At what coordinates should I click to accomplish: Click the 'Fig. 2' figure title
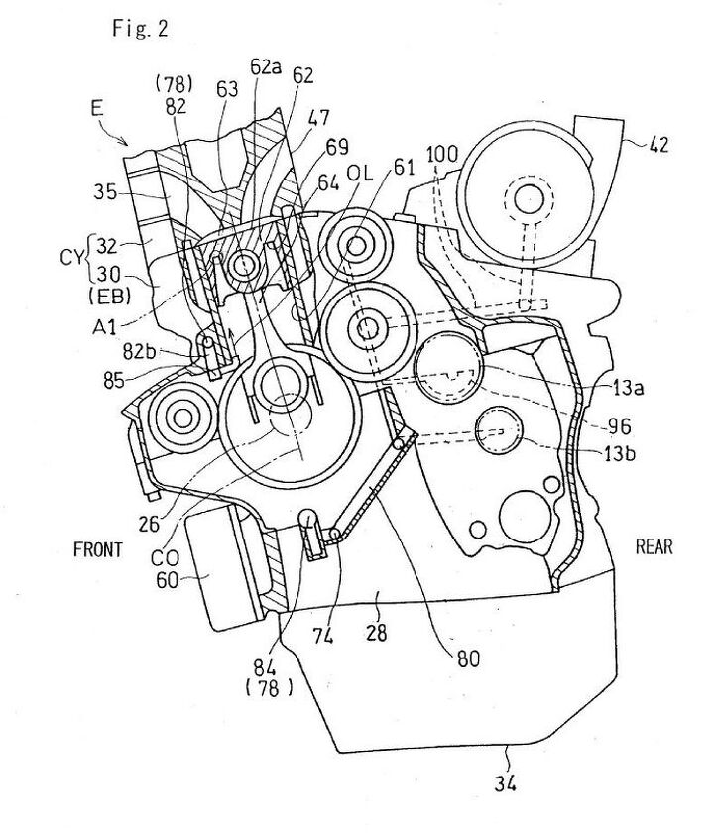pyautogui.click(x=140, y=28)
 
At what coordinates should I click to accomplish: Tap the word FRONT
pyautogui.click(x=98, y=549)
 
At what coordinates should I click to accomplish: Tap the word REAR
pyautogui.click(x=654, y=546)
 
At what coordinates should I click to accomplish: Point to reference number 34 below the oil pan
pyautogui.click(x=505, y=783)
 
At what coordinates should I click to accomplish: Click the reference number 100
pyautogui.click(x=442, y=155)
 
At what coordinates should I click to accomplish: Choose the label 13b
pyautogui.click(x=620, y=454)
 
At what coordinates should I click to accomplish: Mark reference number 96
pyautogui.click(x=620, y=426)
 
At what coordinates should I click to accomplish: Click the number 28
pyautogui.click(x=377, y=633)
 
